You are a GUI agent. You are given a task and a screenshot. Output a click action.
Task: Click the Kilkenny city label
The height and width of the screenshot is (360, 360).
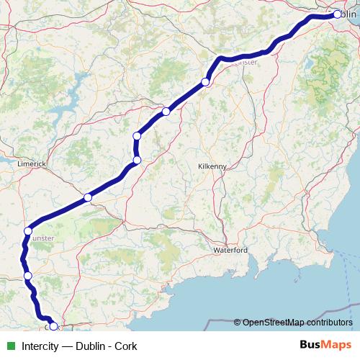click(212, 166)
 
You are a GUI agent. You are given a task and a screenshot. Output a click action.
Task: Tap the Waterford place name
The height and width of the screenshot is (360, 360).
click(230, 250)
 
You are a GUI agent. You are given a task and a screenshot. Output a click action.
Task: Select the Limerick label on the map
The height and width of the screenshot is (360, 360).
click(32, 164)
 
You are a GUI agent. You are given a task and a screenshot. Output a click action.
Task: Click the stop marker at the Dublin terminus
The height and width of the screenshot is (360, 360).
click(337, 14)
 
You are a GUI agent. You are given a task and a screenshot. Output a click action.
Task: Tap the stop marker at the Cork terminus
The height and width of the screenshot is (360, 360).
click(53, 326)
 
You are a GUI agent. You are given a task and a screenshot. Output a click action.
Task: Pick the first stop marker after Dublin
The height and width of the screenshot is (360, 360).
click(205, 82)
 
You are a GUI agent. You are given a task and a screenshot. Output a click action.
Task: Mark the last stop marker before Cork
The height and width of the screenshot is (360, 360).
click(28, 275)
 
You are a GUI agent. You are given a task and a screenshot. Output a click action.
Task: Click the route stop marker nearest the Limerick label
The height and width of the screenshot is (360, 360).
click(28, 231)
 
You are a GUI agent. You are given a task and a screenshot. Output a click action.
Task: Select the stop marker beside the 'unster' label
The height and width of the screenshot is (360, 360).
click(28, 231)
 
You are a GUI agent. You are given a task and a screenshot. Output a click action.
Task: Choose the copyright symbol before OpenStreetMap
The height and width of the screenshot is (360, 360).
click(238, 322)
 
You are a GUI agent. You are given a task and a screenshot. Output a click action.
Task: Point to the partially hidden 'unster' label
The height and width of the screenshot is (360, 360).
click(43, 237)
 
